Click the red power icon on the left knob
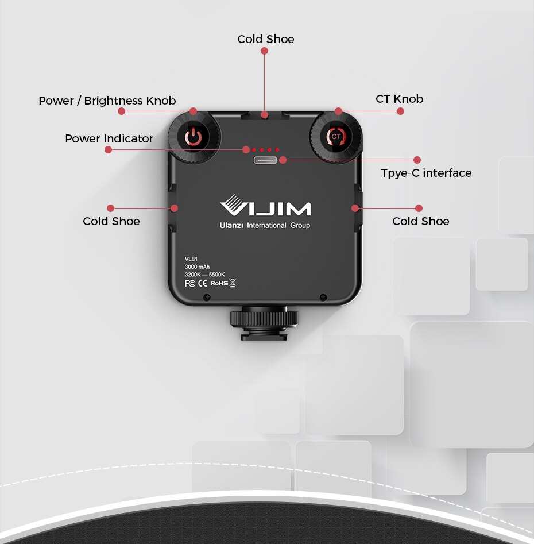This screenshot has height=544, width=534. coord(194,137)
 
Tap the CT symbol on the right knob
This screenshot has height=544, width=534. coord(336,137)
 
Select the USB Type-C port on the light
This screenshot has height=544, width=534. coord(265,160)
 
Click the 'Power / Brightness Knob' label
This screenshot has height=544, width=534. coord(107,101)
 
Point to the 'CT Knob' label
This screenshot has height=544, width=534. coord(399,99)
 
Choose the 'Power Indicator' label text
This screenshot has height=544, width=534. coord(109,138)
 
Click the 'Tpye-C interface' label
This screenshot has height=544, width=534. coord(425,173)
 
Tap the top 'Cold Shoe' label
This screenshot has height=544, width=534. coord(265,39)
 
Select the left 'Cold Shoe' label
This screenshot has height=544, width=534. coord(111,221)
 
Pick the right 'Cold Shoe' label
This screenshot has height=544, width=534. coord(420,221)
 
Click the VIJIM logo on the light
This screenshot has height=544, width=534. coord(265,206)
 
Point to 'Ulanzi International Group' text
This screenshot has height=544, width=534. coord(265,226)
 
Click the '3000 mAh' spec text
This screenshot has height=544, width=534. coord(197,267)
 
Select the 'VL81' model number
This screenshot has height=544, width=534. coord(191,259)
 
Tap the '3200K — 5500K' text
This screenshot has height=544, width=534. coord(204,275)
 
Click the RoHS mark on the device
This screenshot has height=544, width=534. coord(219,283)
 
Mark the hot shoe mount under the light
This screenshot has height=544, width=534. coord(264,325)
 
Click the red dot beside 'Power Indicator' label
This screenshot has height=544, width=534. coord(108,149)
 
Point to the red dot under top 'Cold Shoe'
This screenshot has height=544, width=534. coord(264,51)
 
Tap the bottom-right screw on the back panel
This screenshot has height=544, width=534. coord(323,297)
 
